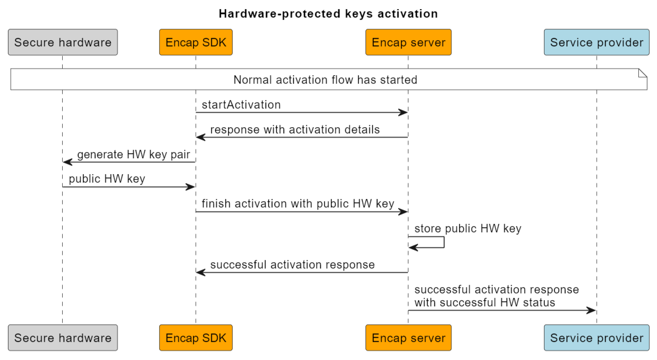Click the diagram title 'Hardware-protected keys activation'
(x=328, y=13)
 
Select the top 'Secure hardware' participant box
(x=63, y=42)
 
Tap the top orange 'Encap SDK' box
(x=195, y=42)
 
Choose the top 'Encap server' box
(x=408, y=42)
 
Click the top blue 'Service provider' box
(x=597, y=42)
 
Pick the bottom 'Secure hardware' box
(x=63, y=338)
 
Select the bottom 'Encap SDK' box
(x=195, y=338)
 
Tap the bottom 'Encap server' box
(x=408, y=338)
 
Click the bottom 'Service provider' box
(x=597, y=338)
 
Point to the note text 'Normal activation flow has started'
(x=325, y=80)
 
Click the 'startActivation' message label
(x=241, y=105)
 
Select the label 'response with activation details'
(x=295, y=129)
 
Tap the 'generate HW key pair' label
(x=133, y=154)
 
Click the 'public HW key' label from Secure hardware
(x=107, y=179)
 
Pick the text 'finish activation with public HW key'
(x=298, y=204)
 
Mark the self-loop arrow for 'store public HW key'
(x=443, y=242)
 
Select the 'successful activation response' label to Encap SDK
(x=292, y=264)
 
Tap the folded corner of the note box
(x=642, y=73)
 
